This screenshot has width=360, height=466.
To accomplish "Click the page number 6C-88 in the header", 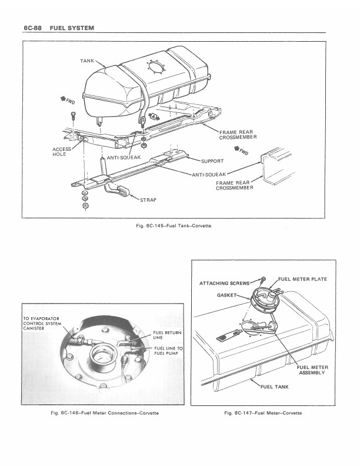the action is click(x=32, y=28).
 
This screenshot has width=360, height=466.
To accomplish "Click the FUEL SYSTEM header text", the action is click(x=72, y=28).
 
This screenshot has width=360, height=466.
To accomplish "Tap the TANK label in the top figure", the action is click(x=87, y=61).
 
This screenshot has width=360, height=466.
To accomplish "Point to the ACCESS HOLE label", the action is click(x=62, y=152).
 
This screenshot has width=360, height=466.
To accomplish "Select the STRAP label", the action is click(x=148, y=200).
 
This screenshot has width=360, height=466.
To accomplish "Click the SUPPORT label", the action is click(x=212, y=161).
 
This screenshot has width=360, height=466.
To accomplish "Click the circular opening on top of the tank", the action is click(x=156, y=67).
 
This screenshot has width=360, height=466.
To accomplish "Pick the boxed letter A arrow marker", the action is click(x=154, y=117).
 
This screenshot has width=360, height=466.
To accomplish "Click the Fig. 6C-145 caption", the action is click(x=174, y=225).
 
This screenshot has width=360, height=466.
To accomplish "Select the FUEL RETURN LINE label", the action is click(x=167, y=335).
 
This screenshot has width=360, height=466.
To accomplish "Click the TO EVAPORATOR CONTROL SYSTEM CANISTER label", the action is click(x=42, y=324).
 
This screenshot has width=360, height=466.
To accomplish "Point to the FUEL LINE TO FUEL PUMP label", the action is click(x=168, y=351).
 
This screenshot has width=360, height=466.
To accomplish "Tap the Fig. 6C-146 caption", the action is click(x=105, y=413).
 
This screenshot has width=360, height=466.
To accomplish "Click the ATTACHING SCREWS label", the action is click(x=225, y=283).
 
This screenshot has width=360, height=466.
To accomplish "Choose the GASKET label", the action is click(x=226, y=295).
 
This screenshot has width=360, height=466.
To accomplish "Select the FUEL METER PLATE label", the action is click(x=302, y=279).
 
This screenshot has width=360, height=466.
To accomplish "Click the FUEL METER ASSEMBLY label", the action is click(x=312, y=370).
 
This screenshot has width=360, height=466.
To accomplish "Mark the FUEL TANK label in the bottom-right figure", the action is click(x=275, y=387).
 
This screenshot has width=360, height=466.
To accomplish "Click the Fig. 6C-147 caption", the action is click(x=263, y=413).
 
